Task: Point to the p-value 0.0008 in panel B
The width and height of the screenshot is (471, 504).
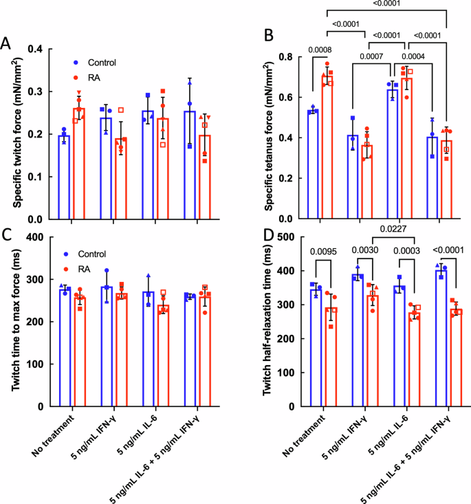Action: click(x=320, y=50)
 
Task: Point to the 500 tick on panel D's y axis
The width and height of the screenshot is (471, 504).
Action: click(x=287, y=237)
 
